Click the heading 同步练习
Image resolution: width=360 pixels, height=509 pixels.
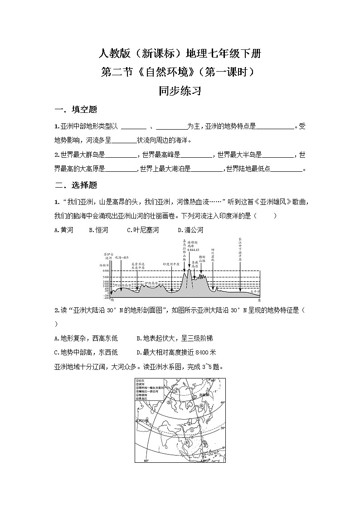pos(180,91)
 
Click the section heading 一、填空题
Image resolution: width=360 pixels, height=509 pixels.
pos(76,110)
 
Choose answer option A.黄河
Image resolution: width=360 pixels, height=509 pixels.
pos(63,230)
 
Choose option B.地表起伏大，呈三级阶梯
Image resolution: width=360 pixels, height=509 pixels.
pos(175,338)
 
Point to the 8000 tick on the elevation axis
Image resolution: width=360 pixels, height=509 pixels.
pos(105,270)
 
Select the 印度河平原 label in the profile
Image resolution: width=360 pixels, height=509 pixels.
pos(172,263)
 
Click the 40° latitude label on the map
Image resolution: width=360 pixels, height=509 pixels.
pos(222,402)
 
